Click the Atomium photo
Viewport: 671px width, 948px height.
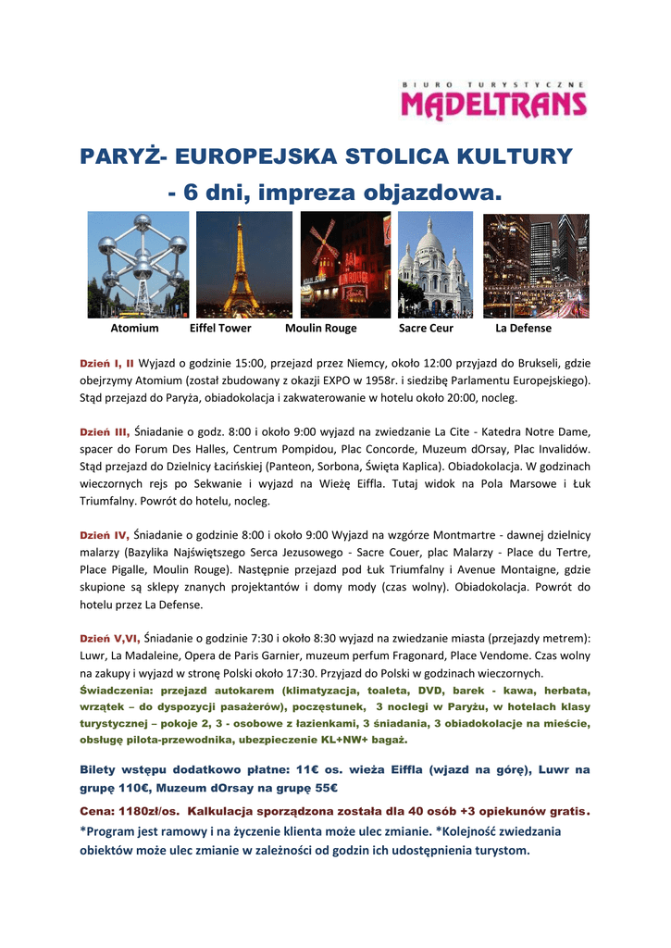tap(138, 265)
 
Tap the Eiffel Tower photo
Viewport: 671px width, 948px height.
tap(243, 265)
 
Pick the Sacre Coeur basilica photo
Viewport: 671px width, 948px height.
tap(435, 265)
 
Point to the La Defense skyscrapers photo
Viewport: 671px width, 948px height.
tap(536, 265)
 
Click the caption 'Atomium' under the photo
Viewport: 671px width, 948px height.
tap(134, 328)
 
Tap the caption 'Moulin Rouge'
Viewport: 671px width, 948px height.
tap(320, 328)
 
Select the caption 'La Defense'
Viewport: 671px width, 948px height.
tap(523, 328)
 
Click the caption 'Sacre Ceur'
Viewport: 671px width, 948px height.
tap(426, 328)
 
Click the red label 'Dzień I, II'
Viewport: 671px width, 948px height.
tap(106, 364)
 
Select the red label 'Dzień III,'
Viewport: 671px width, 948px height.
tap(105, 431)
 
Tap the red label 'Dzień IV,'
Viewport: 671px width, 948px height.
tap(105, 535)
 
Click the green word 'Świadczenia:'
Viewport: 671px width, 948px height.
tap(118, 691)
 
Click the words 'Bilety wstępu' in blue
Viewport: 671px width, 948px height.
tap(127, 770)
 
